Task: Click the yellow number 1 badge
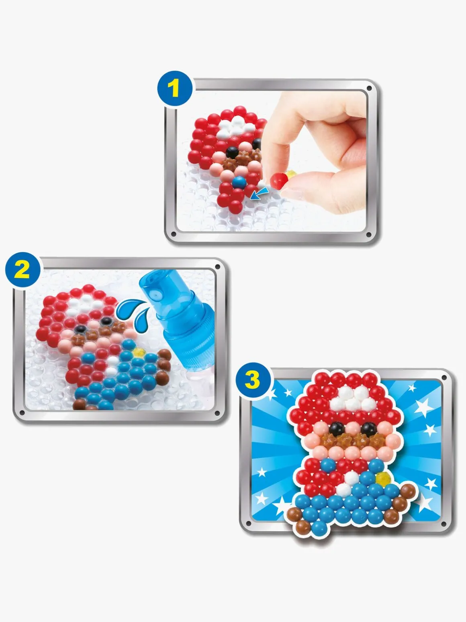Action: coord(175,88)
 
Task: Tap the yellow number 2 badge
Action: coord(23,270)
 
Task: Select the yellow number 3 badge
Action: coord(252,380)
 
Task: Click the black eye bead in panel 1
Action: coord(232,152)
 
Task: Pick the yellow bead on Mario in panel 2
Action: coord(139,353)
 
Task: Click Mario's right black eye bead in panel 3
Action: coord(368,429)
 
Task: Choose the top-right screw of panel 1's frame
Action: coord(369,89)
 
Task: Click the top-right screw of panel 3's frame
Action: coord(444,378)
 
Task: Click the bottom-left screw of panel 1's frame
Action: coord(174,234)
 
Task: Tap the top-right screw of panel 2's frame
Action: coord(217,267)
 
